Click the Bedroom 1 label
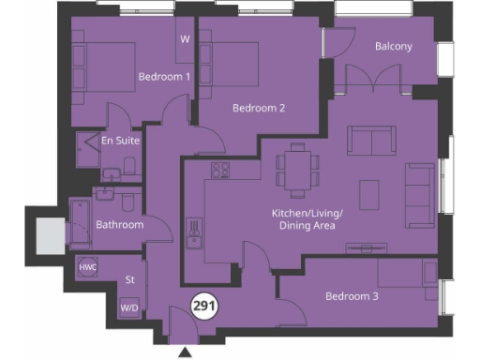(165, 77)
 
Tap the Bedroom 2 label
(258, 108)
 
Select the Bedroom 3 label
(352, 297)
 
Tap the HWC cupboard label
(88, 267)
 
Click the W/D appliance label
(128, 307)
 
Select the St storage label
(129, 279)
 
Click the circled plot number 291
(202, 306)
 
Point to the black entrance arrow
(185, 352)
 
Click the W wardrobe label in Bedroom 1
(184, 39)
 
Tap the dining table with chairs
(297, 169)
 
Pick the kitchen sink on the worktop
(196, 231)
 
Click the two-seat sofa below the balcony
(371, 141)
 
